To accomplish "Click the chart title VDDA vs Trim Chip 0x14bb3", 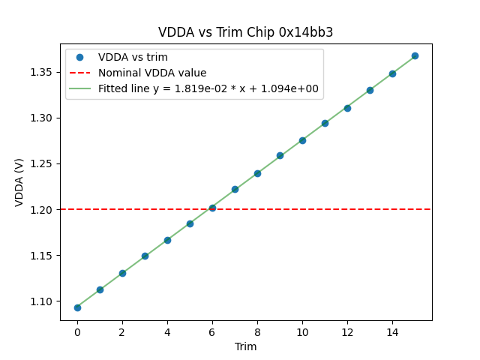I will [x=245, y=32].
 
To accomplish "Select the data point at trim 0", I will [x=77, y=307].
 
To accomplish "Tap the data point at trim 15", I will [x=415, y=55].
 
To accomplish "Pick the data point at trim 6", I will [x=212, y=208].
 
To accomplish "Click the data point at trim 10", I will [x=302, y=140].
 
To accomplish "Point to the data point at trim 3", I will [x=145, y=256].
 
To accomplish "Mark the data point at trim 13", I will [x=370, y=90].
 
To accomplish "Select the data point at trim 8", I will [x=257, y=173].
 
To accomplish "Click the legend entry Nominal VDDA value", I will [x=152, y=73].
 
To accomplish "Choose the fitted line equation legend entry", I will [x=208, y=88].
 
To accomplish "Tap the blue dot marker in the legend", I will [x=79, y=57].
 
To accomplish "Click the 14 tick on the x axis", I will [x=392, y=331].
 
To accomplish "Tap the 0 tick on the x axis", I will [x=77, y=331].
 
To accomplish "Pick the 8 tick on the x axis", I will [x=257, y=331].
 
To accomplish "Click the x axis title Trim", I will [x=245, y=346].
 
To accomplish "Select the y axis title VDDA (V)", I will [x=19, y=182].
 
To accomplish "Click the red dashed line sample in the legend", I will [x=79, y=73].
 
